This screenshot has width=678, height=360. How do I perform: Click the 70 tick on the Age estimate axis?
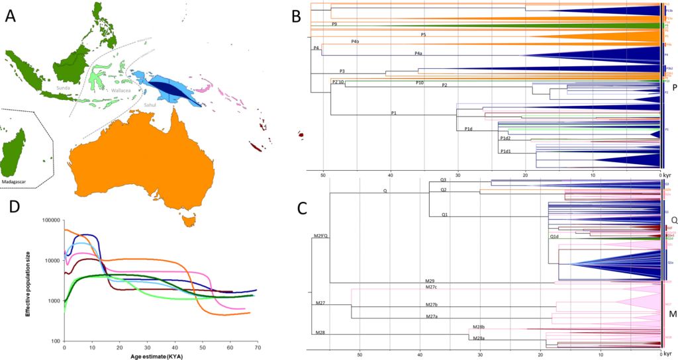point(256,346)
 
